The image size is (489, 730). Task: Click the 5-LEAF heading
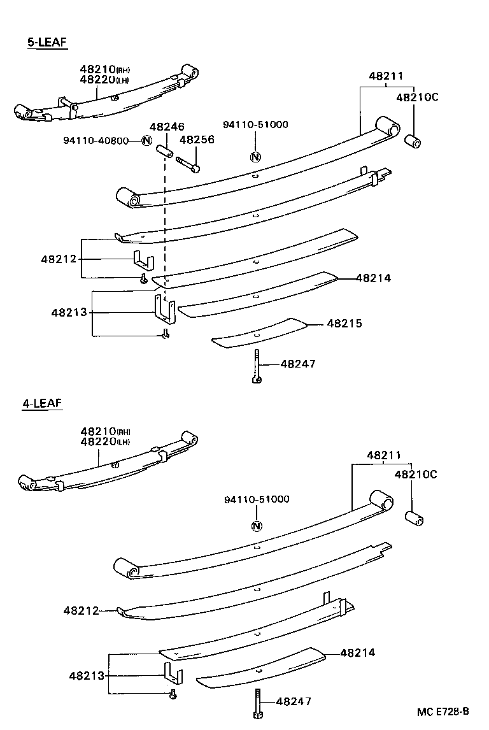point(46,43)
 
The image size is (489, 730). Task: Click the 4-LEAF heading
point(43,403)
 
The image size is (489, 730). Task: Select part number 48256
point(197,140)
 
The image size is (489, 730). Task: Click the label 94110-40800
point(96,141)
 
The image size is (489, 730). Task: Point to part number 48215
point(344,324)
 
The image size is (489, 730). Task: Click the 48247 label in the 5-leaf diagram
point(297,364)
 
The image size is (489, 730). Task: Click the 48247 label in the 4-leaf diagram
point(294,701)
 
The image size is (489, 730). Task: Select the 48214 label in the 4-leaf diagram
point(358,652)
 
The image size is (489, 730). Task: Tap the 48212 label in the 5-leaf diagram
point(59,259)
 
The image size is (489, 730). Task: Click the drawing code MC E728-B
point(444,711)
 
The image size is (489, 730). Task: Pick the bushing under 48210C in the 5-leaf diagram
point(414,140)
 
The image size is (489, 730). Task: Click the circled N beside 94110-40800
point(146,141)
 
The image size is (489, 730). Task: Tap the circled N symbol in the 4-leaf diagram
point(256,526)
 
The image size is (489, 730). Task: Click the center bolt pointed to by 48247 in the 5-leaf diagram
point(256,366)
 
